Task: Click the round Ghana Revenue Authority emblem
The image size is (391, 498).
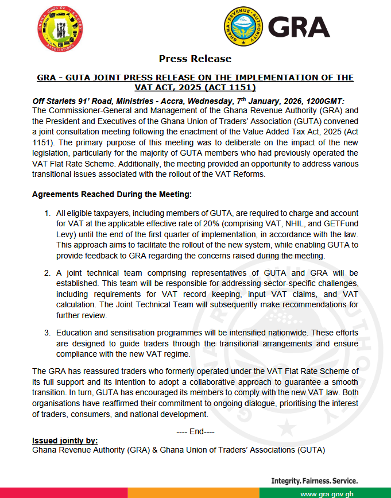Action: pyautogui.click(x=244, y=26)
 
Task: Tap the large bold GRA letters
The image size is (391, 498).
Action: pyautogui.click(x=300, y=27)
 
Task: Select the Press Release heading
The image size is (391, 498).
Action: pyautogui.click(x=195, y=59)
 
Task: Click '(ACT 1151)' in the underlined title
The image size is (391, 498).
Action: pyautogui.click(x=230, y=87)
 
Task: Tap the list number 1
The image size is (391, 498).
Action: pyautogui.click(x=48, y=213)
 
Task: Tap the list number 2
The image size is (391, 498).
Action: pyautogui.click(x=48, y=272)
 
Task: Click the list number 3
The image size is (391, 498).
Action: pyautogui.click(x=48, y=333)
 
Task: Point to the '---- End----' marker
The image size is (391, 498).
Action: pyautogui.click(x=195, y=431)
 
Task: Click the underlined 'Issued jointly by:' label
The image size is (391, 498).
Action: pyautogui.click(x=65, y=441)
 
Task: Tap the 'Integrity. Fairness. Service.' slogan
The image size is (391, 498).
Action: pyautogui.click(x=315, y=480)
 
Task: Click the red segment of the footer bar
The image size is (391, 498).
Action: pyautogui.click(x=63, y=493)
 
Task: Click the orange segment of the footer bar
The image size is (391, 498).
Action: pyautogui.click(x=192, y=493)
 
